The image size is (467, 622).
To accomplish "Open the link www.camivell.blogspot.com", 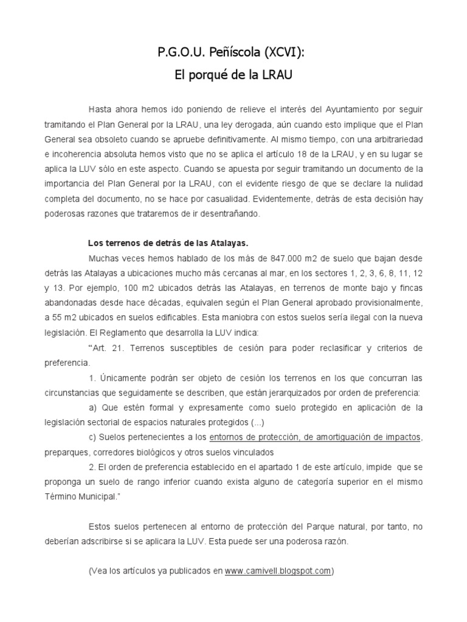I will click(278, 571).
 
